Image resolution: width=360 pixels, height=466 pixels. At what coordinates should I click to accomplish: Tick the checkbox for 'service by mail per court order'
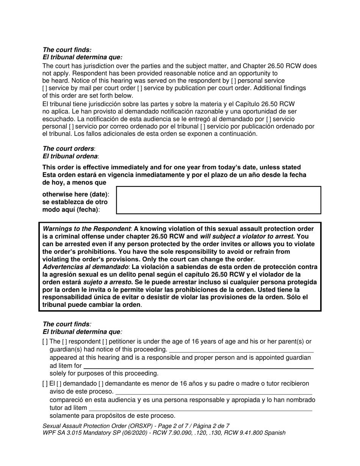44,88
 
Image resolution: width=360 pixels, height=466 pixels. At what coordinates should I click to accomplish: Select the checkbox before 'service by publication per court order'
139,88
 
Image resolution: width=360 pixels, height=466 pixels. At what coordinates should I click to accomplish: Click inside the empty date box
218,200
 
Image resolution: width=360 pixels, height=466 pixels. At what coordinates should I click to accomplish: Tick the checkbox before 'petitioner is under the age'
104,342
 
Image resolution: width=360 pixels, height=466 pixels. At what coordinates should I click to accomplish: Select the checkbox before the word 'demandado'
58,384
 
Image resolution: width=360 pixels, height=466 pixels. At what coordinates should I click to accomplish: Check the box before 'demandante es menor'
100,384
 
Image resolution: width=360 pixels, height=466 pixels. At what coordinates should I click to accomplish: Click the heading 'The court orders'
68,149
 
